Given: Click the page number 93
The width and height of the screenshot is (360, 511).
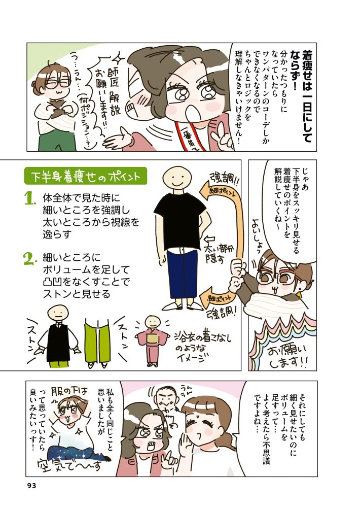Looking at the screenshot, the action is [31, 486].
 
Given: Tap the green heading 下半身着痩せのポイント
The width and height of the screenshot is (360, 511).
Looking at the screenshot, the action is [86, 176].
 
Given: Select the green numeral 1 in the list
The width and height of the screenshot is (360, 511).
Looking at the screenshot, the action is [29, 199].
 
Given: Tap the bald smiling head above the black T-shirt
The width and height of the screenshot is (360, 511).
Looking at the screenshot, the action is [176, 179].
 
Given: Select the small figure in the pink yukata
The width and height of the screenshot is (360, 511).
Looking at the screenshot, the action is [152, 340].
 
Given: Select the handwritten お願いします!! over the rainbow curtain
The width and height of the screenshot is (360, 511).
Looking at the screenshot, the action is [287, 356].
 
